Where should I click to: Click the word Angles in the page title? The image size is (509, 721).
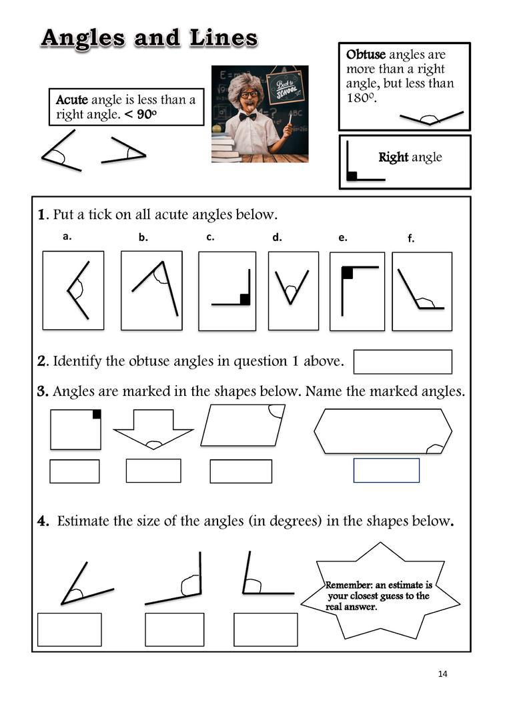tap(82, 38)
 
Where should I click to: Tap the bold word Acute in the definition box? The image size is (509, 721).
tap(72, 100)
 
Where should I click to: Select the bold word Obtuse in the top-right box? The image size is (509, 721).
tap(366, 55)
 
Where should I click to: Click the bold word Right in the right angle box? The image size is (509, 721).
tap(394, 158)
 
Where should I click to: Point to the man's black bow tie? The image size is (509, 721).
tap(248, 116)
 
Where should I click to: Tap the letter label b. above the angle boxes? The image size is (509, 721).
tap(143, 237)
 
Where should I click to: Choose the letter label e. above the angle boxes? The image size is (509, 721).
tap(342, 237)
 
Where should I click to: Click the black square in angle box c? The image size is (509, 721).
tap(245, 299)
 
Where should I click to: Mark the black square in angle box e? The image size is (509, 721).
tap(347, 272)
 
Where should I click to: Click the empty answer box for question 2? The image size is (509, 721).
tap(402, 362)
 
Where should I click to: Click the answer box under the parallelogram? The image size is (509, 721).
tap(241, 471)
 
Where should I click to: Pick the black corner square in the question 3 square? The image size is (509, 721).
tap(97, 414)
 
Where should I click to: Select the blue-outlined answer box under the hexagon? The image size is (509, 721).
tap(386, 470)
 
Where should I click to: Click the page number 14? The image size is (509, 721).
tap(443, 674)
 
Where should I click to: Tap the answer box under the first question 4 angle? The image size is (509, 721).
tap(69, 630)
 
